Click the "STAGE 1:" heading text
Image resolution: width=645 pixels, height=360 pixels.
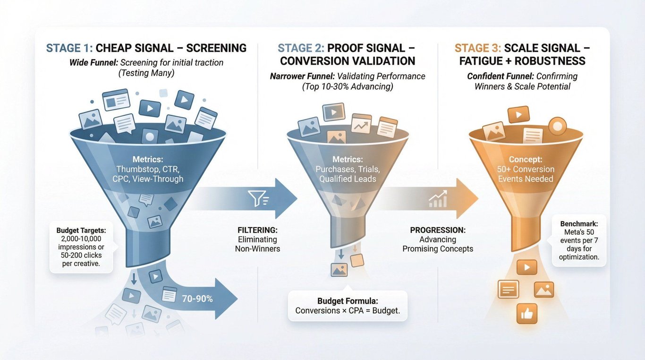point(69,48)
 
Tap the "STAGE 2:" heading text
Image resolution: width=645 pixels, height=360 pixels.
point(301,48)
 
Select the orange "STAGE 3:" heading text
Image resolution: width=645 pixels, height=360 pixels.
point(477,48)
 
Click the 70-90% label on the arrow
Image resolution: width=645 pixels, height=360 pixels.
point(197,299)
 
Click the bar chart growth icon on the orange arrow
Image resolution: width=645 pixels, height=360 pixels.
point(437,199)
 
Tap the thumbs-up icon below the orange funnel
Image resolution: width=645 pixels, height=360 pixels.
point(527,313)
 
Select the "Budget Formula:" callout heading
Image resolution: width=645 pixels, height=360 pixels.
point(347,300)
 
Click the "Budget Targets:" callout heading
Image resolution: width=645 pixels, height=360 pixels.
point(81,231)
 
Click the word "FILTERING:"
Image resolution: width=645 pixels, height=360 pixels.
point(257,230)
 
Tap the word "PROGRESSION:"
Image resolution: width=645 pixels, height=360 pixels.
point(437,230)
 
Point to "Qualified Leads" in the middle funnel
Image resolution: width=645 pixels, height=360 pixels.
point(348,179)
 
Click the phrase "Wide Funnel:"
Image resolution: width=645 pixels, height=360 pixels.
point(94,62)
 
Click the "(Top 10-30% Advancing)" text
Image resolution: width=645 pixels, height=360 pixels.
point(348,86)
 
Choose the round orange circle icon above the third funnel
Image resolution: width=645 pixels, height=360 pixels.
point(557,126)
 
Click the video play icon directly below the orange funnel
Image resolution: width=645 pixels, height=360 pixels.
point(526,268)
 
